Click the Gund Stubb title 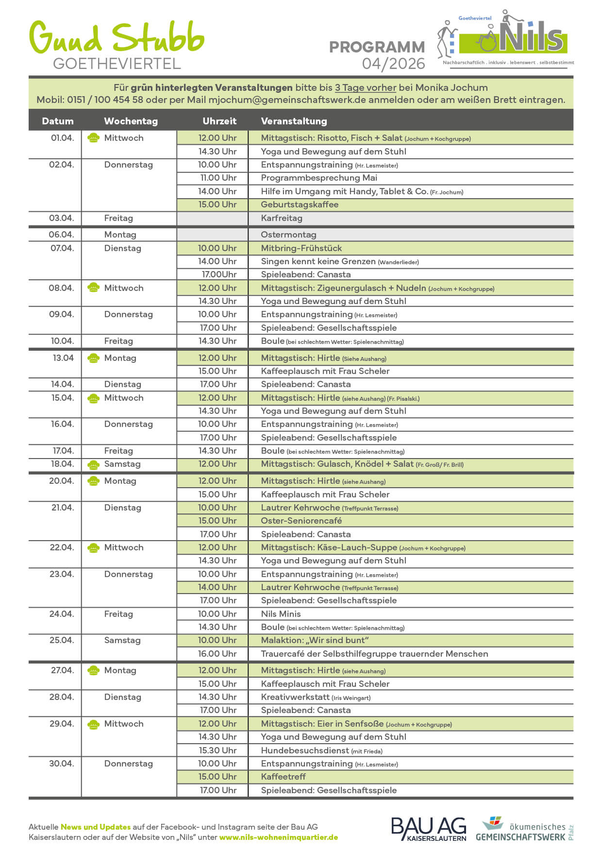point(117,38)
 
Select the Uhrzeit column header point(219,121)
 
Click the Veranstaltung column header point(294,121)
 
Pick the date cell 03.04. point(61,218)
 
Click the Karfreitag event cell point(282,218)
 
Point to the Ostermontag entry point(288,235)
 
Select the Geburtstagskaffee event point(300,204)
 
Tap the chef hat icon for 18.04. point(93,464)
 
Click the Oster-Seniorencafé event point(301,521)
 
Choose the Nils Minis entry point(281,614)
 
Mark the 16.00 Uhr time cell point(217,654)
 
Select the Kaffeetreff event point(283,777)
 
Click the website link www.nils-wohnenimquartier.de point(278,837)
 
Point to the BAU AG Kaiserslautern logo point(428,829)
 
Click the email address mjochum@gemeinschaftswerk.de point(287,100)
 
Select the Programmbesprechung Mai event point(319,178)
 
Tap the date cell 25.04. point(61,640)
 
